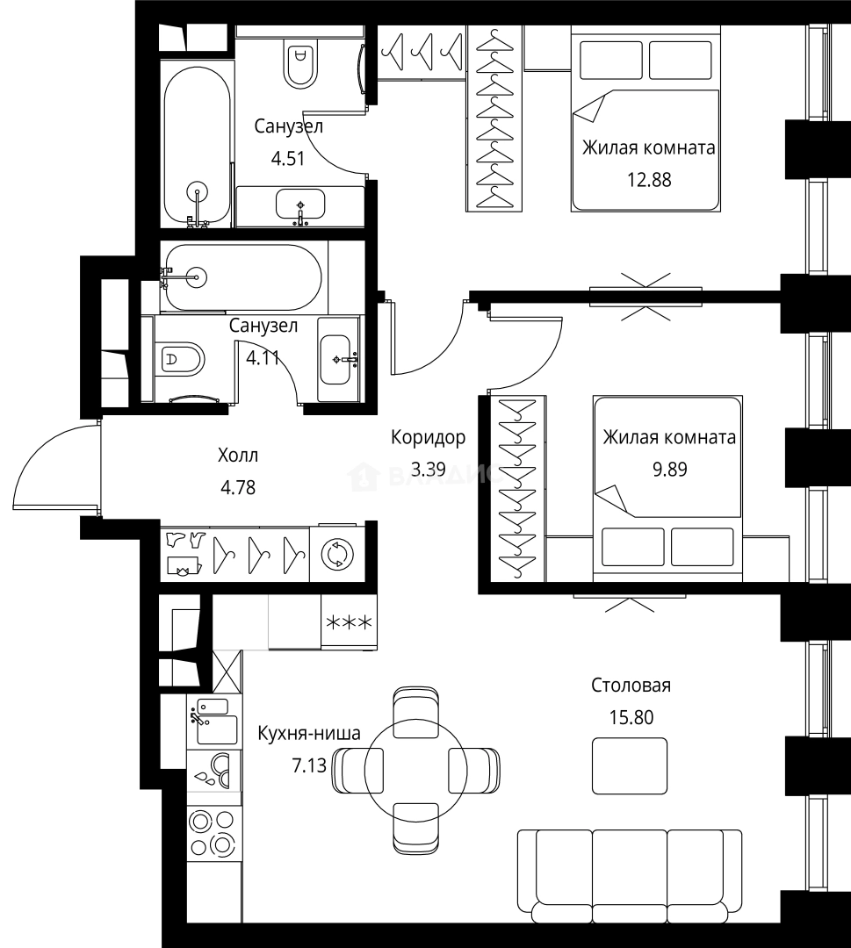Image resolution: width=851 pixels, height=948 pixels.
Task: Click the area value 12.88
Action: [649, 180]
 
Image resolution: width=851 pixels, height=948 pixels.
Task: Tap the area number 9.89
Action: [669, 469]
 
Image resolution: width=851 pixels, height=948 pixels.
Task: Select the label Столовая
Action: [631, 686]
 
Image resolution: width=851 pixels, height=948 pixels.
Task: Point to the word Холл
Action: [238, 456]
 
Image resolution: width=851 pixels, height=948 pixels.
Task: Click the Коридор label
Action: [429, 437]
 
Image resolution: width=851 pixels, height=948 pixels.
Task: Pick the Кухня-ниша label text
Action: [309, 733]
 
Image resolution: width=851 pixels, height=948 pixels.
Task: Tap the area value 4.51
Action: [287, 159]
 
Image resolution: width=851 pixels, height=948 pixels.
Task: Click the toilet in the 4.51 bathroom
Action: [300, 58]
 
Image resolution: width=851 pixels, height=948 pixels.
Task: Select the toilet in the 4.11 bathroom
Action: [180, 359]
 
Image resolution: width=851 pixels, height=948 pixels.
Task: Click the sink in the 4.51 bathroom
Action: [300, 205]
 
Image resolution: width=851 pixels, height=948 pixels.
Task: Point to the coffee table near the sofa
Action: [630, 765]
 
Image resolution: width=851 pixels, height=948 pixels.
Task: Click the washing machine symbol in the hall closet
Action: [337, 554]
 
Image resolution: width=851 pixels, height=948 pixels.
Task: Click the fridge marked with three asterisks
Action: [349, 621]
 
